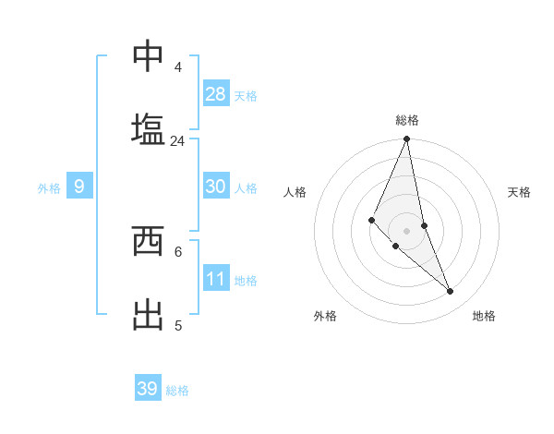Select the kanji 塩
[x=148, y=127]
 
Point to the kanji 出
[x=148, y=313]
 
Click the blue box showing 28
[x=216, y=93]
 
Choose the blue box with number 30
[x=216, y=186]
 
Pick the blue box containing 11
[x=216, y=278]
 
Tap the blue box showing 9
[x=79, y=187]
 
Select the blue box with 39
[x=148, y=389]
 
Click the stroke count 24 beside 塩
[x=177, y=141]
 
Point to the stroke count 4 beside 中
[x=178, y=67]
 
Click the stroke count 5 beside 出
[x=178, y=325]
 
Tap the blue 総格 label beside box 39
[x=177, y=391]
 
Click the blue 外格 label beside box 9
[x=49, y=188]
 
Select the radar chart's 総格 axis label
[x=407, y=120]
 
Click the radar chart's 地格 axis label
[x=484, y=316]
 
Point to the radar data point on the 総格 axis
[x=407, y=139]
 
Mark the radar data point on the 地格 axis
[x=451, y=292]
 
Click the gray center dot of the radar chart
[x=407, y=230]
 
